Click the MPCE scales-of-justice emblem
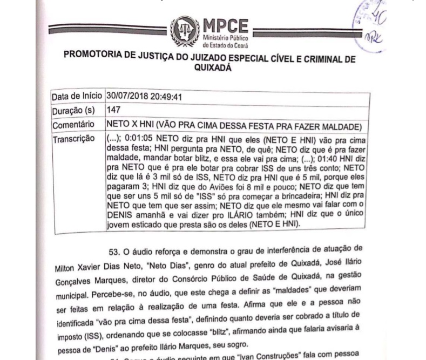coord(185,31)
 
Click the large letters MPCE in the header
coord(225,26)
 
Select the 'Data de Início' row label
coord(76,97)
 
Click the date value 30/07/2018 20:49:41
coord(144,97)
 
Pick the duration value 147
coord(114,110)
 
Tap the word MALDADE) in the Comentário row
coord(342,126)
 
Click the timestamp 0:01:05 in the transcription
coord(140,138)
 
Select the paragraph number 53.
coord(113,252)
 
